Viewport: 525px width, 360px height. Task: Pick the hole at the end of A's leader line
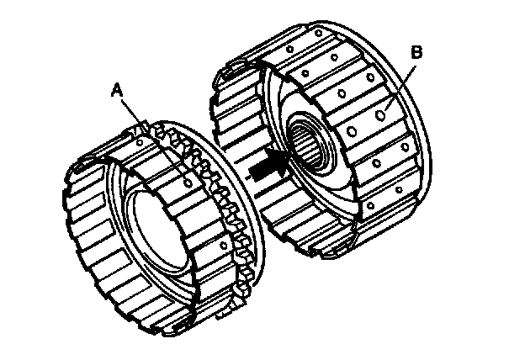point(188,179)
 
